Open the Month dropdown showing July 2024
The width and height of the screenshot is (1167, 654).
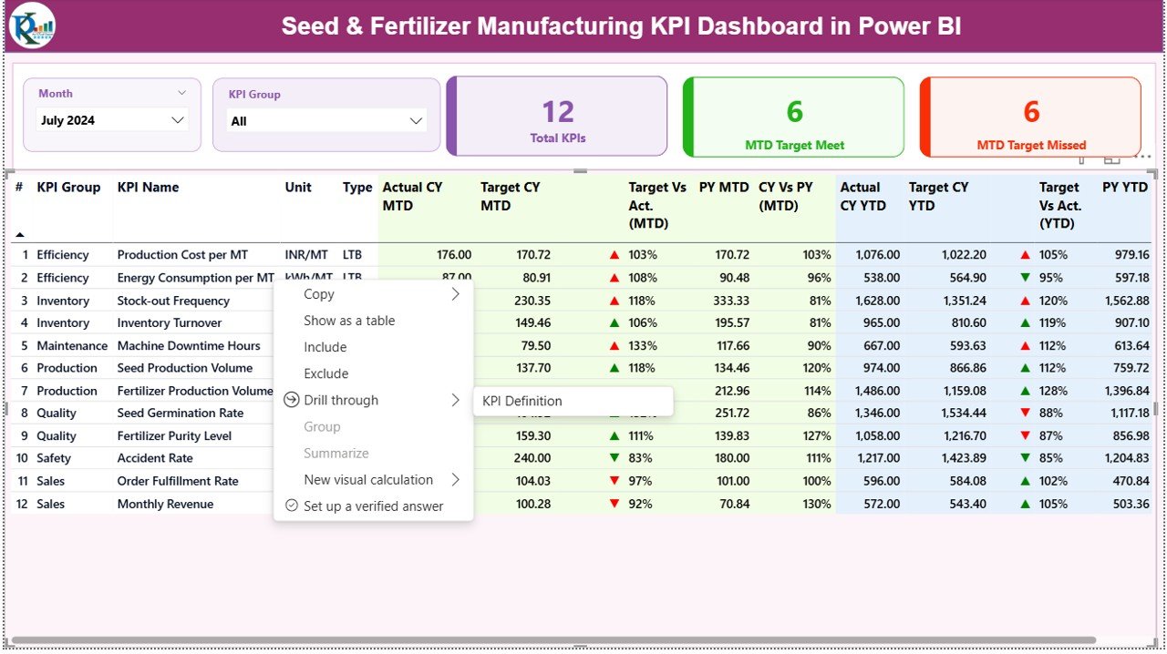pos(112,120)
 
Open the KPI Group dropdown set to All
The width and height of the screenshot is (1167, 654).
pos(325,121)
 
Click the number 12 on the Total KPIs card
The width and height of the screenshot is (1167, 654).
pos(558,111)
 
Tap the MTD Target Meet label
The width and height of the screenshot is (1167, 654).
pos(794,145)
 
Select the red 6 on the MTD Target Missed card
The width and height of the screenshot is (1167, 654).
pos(1031,111)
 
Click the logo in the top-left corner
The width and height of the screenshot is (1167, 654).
pos(32,26)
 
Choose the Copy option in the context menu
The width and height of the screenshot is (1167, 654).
pos(319,294)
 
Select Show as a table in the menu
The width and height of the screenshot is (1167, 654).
pos(349,321)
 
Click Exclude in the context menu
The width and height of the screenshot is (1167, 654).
pos(325,373)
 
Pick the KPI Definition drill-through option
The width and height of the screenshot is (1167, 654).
pos(522,401)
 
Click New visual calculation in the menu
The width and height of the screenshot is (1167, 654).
pos(368,480)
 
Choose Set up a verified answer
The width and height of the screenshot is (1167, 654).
pos(373,506)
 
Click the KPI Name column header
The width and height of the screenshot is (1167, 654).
pos(148,188)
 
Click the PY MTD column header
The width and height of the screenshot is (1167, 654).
pos(724,188)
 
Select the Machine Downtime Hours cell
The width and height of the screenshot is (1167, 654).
pos(189,346)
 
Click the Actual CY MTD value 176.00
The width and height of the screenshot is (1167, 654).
pos(454,255)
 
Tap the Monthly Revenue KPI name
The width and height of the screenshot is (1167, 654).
pos(165,504)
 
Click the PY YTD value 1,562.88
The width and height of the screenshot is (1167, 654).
pos(1125,301)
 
